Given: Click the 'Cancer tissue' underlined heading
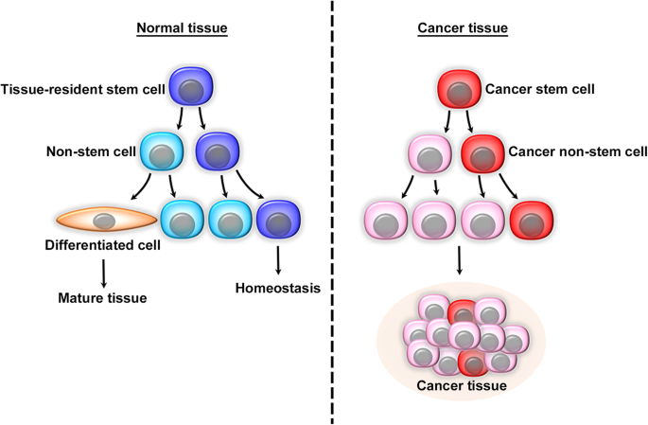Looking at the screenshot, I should tap(463, 28).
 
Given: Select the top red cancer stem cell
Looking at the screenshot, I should tap(460, 91).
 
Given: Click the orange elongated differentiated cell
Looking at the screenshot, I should tap(105, 220).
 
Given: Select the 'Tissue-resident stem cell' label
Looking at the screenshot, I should tap(83, 91).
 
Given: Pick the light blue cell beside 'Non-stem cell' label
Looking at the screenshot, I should tap(163, 152).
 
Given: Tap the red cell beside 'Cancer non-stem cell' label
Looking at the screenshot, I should tap(483, 152).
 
